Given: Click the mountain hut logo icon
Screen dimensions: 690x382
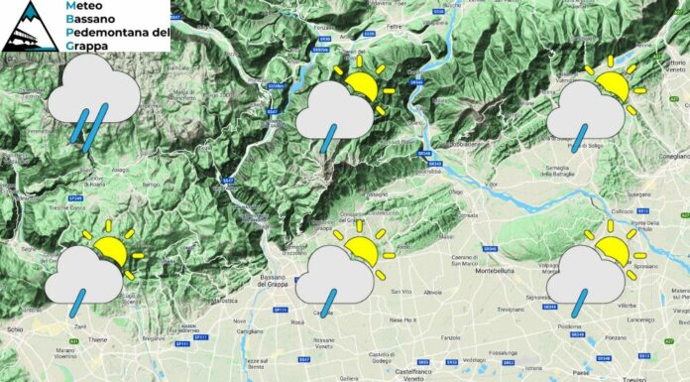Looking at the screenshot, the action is click(x=30, y=27).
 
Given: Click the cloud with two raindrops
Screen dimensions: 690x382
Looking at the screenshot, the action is click(x=94, y=100).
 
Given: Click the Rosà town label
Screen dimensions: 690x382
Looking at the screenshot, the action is click(x=296, y=323).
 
